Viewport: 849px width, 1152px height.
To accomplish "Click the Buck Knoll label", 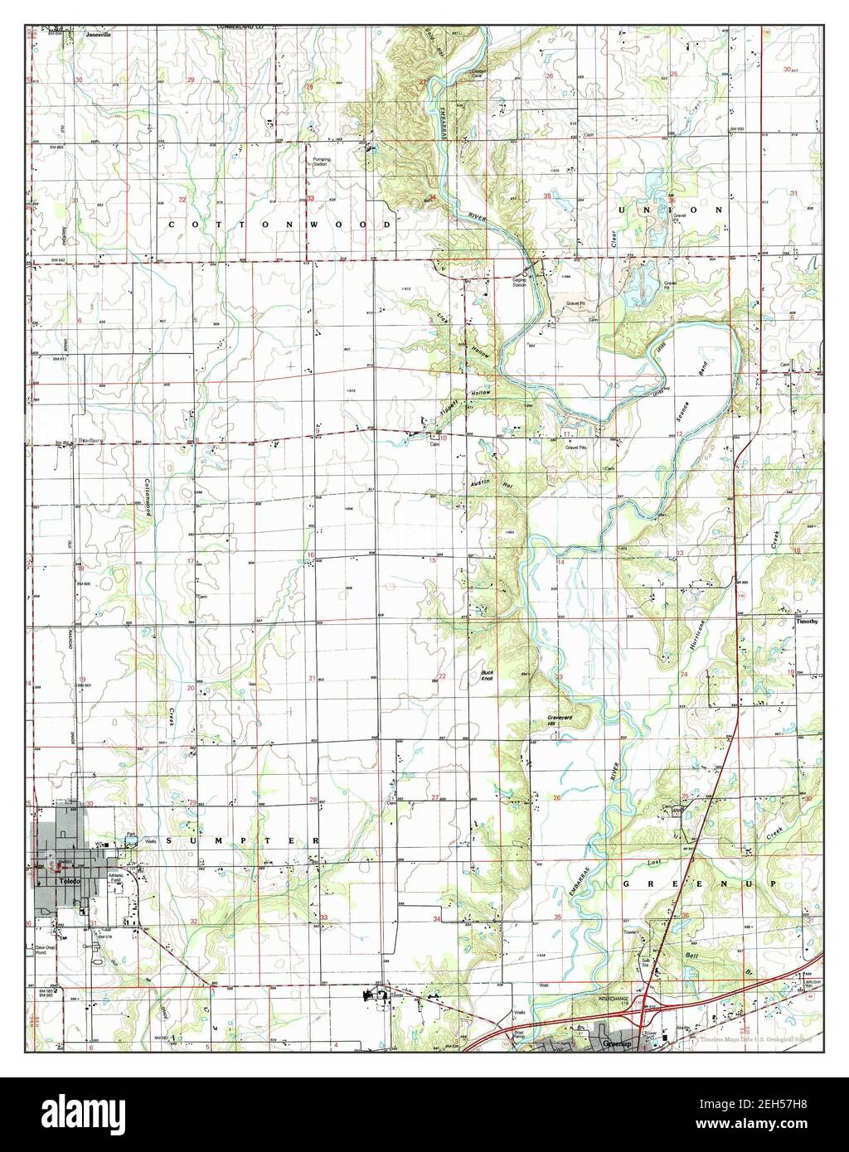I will (x=488, y=675).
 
